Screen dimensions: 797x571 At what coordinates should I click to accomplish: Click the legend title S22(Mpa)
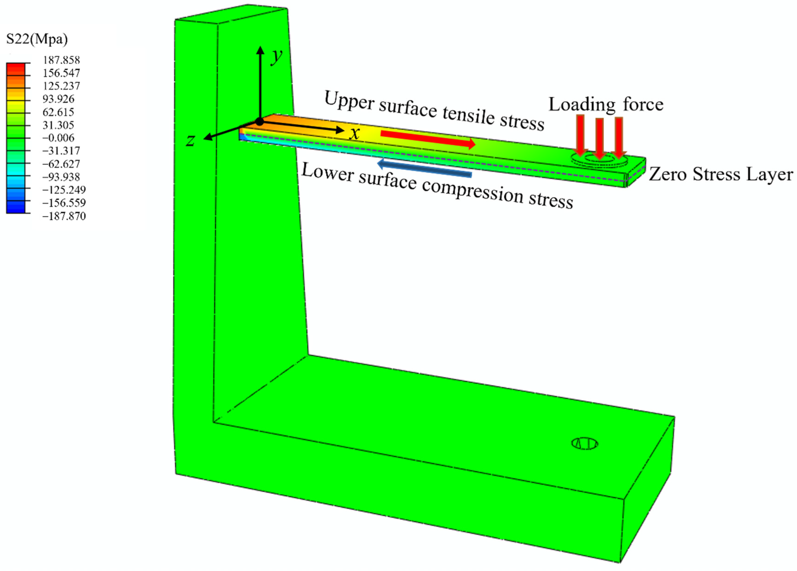click(x=37, y=39)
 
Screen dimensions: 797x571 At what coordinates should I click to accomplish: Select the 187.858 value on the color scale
click(x=61, y=60)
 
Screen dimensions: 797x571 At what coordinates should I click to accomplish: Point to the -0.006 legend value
click(x=58, y=138)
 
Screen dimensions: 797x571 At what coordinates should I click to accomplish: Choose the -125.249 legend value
click(x=64, y=190)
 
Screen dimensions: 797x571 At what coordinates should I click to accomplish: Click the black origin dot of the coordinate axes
click(x=259, y=122)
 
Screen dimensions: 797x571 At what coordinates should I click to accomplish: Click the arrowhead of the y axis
click(x=260, y=50)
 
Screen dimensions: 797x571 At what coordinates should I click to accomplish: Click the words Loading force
click(x=606, y=104)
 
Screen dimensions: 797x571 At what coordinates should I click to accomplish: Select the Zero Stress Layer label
click(x=720, y=174)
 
